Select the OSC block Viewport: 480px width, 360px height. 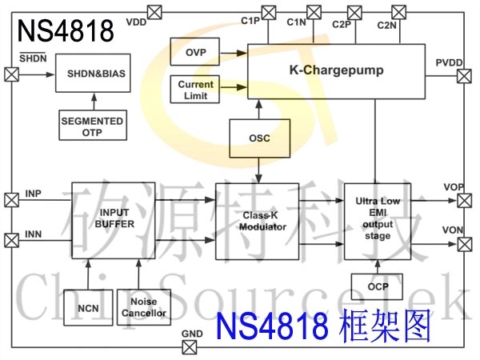[259, 138]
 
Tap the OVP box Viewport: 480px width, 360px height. [195, 52]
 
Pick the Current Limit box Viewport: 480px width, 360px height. [195, 89]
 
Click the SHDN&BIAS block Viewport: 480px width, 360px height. [95, 74]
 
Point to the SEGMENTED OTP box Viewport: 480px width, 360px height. [92, 126]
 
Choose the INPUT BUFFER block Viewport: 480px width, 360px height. [114, 218]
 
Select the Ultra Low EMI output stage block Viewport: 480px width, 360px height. [376, 219]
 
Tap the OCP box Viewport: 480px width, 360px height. [377, 286]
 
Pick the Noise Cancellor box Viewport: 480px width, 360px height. [144, 306]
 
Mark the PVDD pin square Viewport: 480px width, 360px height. [464, 75]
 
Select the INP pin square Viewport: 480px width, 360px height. [11, 199]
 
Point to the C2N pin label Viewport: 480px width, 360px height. [387, 26]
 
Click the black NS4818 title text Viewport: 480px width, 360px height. [65, 32]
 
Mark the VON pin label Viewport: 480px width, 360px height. [453, 230]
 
